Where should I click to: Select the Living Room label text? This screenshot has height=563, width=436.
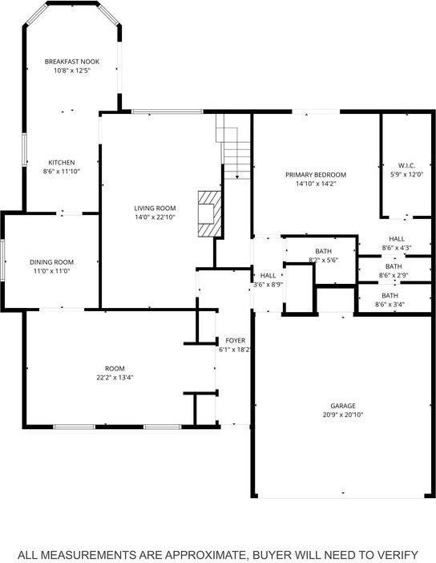155,208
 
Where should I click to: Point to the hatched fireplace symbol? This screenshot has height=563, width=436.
208,213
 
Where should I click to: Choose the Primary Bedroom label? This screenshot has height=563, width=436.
316,174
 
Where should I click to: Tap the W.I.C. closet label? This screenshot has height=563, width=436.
406,165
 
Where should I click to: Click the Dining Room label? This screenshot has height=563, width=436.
52,262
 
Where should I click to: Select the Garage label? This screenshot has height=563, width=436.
343,406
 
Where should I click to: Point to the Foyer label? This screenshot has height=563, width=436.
235,340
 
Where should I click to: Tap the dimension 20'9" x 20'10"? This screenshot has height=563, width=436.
342,415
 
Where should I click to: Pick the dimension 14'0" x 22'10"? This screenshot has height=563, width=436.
155,217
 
